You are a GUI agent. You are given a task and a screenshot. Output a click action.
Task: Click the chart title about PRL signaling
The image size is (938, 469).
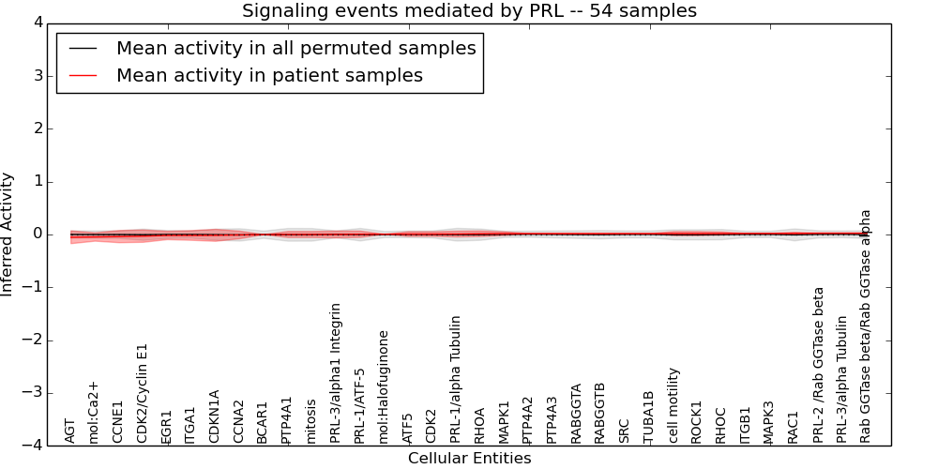(469, 11)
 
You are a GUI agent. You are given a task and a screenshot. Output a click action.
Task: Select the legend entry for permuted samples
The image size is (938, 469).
(295, 48)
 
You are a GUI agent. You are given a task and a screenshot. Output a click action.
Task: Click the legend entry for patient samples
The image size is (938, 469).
(269, 76)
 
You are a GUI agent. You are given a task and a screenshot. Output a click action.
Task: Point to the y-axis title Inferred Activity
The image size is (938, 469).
(8, 234)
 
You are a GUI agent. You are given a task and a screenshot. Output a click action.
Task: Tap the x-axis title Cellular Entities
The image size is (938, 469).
(469, 459)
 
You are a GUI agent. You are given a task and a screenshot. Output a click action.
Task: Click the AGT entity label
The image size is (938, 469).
(70, 431)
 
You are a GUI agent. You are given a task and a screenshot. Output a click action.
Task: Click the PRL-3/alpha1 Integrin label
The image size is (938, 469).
(336, 373)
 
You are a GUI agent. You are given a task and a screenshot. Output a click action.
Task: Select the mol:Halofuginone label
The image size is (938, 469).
(384, 386)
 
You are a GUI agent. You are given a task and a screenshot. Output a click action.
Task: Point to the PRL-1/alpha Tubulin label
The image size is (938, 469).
(456, 379)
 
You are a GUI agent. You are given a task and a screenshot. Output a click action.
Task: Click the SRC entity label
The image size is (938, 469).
(625, 430)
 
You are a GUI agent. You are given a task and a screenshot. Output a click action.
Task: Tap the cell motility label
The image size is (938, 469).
(673, 405)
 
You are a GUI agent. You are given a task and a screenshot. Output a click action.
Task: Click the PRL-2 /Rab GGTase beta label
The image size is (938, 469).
(818, 365)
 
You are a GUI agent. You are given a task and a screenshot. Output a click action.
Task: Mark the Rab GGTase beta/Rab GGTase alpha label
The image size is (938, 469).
(866, 325)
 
